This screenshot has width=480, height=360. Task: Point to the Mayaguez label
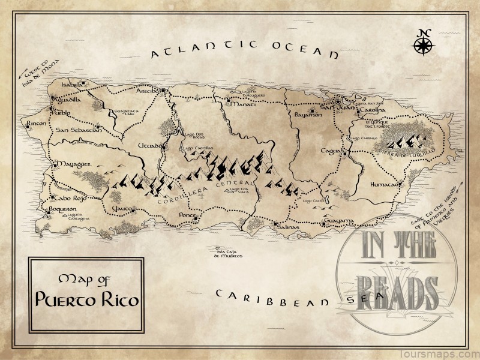[74, 163]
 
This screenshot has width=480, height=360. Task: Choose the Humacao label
[384, 184]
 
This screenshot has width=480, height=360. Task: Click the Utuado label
[149, 146]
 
